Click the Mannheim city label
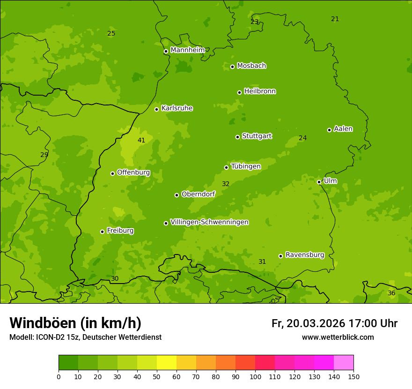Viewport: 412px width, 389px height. pyautogui.click(x=187, y=50)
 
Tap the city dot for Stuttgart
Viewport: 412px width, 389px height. pyautogui.click(x=237, y=137)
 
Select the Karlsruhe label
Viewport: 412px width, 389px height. pyautogui.click(x=177, y=108)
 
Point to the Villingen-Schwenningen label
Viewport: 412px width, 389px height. pyautogui.click(x=209, y=222)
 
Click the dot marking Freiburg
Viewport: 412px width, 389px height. pyautogui.click(x=102, y=232)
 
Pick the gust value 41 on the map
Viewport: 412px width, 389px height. pyautogui.click(x=141, y=140)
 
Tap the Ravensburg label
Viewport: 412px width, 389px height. pyautogui.click(x=305, y=255)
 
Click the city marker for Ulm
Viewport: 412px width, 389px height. pyautogui.click(x=319, y=182)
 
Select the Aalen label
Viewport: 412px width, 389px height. pyautogui.click(x=343, y=129)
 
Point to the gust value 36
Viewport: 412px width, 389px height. pyautogui.click(x=391, y=293)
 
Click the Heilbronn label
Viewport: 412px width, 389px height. pyautogui.click(x=260, y=91)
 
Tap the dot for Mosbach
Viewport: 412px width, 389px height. pyautogui.click(x=232, y=67)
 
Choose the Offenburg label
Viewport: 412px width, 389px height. pyautogui.click(x=133, y=172)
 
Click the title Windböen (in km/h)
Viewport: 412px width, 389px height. pyautogui.click(x=75, y=323)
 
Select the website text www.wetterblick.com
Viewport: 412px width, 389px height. pyautogui.click(x=338, y=337)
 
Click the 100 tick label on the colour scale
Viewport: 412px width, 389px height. pyautogui.click(x=255, y=376)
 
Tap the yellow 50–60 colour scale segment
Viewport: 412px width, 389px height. pyautogui.click(x=167, y=363)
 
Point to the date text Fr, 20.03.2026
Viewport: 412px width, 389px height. pyautogui.click(x=308, y=323)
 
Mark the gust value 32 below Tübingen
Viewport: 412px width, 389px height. pyautogui.click(x=226, y=184)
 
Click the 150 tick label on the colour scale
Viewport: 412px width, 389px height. pyautogui.click(x=353, y=376)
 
